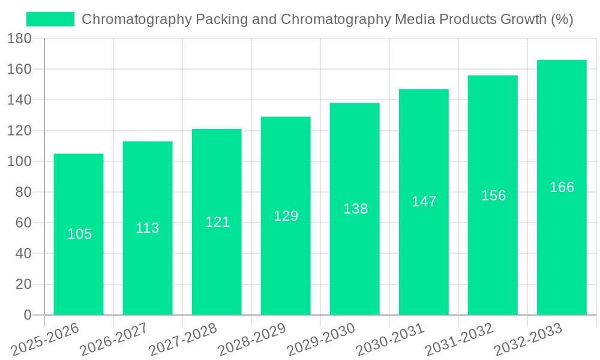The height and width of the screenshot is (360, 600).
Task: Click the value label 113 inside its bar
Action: click(x=148, y=228)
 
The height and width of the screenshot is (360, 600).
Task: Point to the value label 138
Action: click(x=355, y=209)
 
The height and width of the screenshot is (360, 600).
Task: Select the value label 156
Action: click(x=493, y=196)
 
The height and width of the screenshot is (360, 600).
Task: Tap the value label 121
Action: click(x=217, y=222)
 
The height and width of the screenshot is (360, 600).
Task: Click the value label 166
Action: click(x=562, y=187)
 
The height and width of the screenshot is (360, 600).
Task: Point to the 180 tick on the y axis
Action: click(x=19, y=38)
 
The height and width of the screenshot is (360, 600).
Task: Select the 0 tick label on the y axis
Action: click(x=27, y=315)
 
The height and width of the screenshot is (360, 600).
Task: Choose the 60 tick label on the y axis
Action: click(x=23, y=223)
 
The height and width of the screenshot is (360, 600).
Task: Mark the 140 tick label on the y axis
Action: click(x=19, y=100)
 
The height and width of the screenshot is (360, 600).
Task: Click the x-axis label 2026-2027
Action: click(x=114, y=340)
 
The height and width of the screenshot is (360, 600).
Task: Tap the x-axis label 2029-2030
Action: click(x=321, y=340)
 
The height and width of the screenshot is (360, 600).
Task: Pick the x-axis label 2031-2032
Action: click(x=459, y=340)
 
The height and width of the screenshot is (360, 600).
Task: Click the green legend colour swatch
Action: click(x=50, y=19)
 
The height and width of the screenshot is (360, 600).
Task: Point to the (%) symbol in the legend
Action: click(x=562, y=19)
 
